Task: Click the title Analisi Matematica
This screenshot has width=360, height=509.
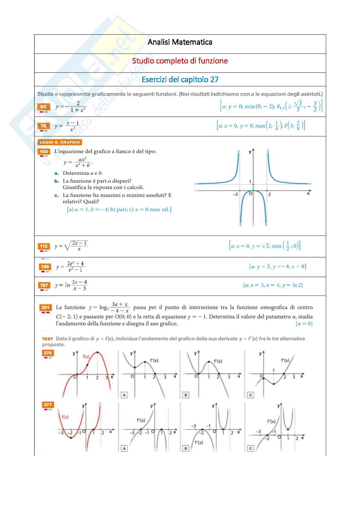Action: (180, 42)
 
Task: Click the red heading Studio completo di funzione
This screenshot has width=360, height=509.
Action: (180, 61)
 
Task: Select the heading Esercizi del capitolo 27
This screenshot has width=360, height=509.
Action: (180, 80)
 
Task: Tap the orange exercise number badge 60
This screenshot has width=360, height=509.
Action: (44, 107)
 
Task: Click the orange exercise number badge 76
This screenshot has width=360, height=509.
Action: (44, 126)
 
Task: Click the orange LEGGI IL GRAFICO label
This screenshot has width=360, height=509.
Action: (60, 142)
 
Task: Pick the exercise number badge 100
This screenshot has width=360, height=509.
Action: (44, 152)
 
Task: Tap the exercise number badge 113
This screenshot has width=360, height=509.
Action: (44, 246)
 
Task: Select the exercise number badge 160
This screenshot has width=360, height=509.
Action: (45, 267)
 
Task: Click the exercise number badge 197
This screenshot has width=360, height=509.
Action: (44, 285)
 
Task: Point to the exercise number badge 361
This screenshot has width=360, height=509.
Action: (45, 308)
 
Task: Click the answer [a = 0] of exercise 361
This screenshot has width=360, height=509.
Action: (304, 324)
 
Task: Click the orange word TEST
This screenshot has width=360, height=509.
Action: (47, 339)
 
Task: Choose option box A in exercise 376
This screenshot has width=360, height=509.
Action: (124, 395)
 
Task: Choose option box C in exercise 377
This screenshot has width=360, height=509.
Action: (251, 448)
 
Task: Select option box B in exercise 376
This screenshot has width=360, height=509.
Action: (186, 395)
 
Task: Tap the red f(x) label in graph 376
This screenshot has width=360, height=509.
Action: (86, 357)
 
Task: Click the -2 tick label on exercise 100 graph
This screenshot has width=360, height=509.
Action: (235, 194)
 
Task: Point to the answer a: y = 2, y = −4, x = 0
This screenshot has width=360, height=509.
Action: (277, 267)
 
